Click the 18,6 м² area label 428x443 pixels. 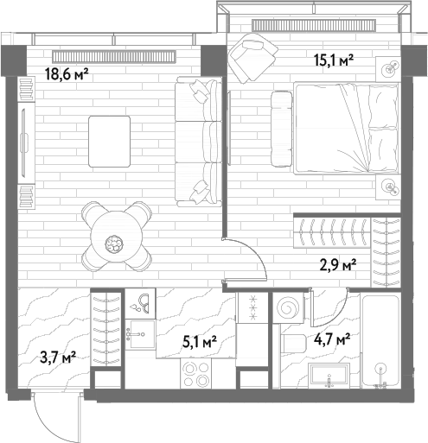[x=67, y=75]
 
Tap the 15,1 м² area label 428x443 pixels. [x=334, y=60]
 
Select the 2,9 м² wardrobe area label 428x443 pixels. [x=338, y=265]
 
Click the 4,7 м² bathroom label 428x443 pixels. [x=332, y=339]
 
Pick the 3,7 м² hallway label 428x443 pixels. [x=58, y=358]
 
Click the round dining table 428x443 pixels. [x=117, y=237]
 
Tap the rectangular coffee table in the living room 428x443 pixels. [x=109, y=142]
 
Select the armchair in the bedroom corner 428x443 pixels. [x=252, y=58]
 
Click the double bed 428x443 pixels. [x=346, y=128]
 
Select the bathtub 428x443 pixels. [x=380, y=339]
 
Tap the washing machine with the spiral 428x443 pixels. [x=288, y=308]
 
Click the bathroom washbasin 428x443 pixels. [x=329, y=375]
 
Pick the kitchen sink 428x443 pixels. [x=141, y=334]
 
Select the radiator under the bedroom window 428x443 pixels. [x=314, y=25]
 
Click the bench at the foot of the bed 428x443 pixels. [x=281, y=129]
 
